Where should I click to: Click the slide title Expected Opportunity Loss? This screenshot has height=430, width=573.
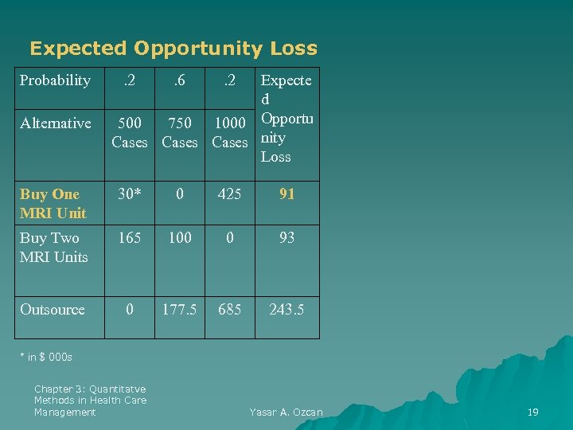coord(173,49)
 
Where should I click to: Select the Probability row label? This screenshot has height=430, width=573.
coord(55,80)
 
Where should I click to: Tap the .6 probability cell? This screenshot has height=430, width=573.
coord(180,80)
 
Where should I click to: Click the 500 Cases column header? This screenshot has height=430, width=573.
coord(130,132)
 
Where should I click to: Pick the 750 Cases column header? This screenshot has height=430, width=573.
coord(180,132)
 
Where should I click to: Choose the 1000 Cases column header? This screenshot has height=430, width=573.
coord(230,132)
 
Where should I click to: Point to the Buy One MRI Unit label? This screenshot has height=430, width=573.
coord(53,203)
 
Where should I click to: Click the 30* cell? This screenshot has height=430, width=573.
coord(130,193)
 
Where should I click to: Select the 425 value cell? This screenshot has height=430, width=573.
coord(229,193)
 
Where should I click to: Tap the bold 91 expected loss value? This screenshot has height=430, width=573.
coord(287,193)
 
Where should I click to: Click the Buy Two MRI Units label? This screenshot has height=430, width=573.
coord(53,247)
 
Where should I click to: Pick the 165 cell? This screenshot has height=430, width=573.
coord(130,237)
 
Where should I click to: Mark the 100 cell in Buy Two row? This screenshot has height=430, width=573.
coord(180,237)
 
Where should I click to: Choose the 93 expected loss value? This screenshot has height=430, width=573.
coord(287,237)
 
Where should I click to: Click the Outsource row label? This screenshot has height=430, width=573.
coord(52,310)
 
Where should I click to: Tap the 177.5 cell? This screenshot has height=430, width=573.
coord(180,310)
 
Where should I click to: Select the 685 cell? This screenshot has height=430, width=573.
coord(229,310)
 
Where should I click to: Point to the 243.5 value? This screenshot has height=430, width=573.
coord(286,310)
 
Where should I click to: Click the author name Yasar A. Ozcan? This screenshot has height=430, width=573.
coord(286,412)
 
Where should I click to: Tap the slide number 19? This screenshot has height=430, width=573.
coord(533,412)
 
